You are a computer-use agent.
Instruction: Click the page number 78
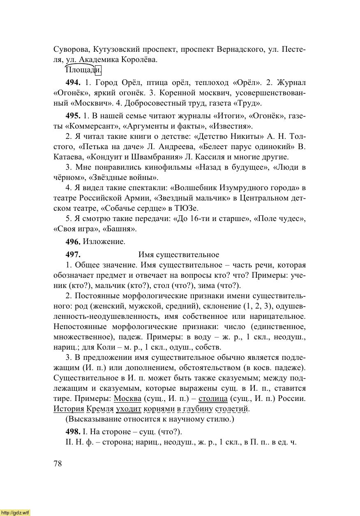pos(58,464)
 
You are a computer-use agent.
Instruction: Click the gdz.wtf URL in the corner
pos(15,513)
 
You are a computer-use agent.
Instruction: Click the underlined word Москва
pos(127,399)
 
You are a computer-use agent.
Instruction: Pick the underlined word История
pos(69,409)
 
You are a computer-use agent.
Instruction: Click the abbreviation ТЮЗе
pos(187,208)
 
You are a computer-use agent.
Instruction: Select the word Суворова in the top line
pos(71,49)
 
